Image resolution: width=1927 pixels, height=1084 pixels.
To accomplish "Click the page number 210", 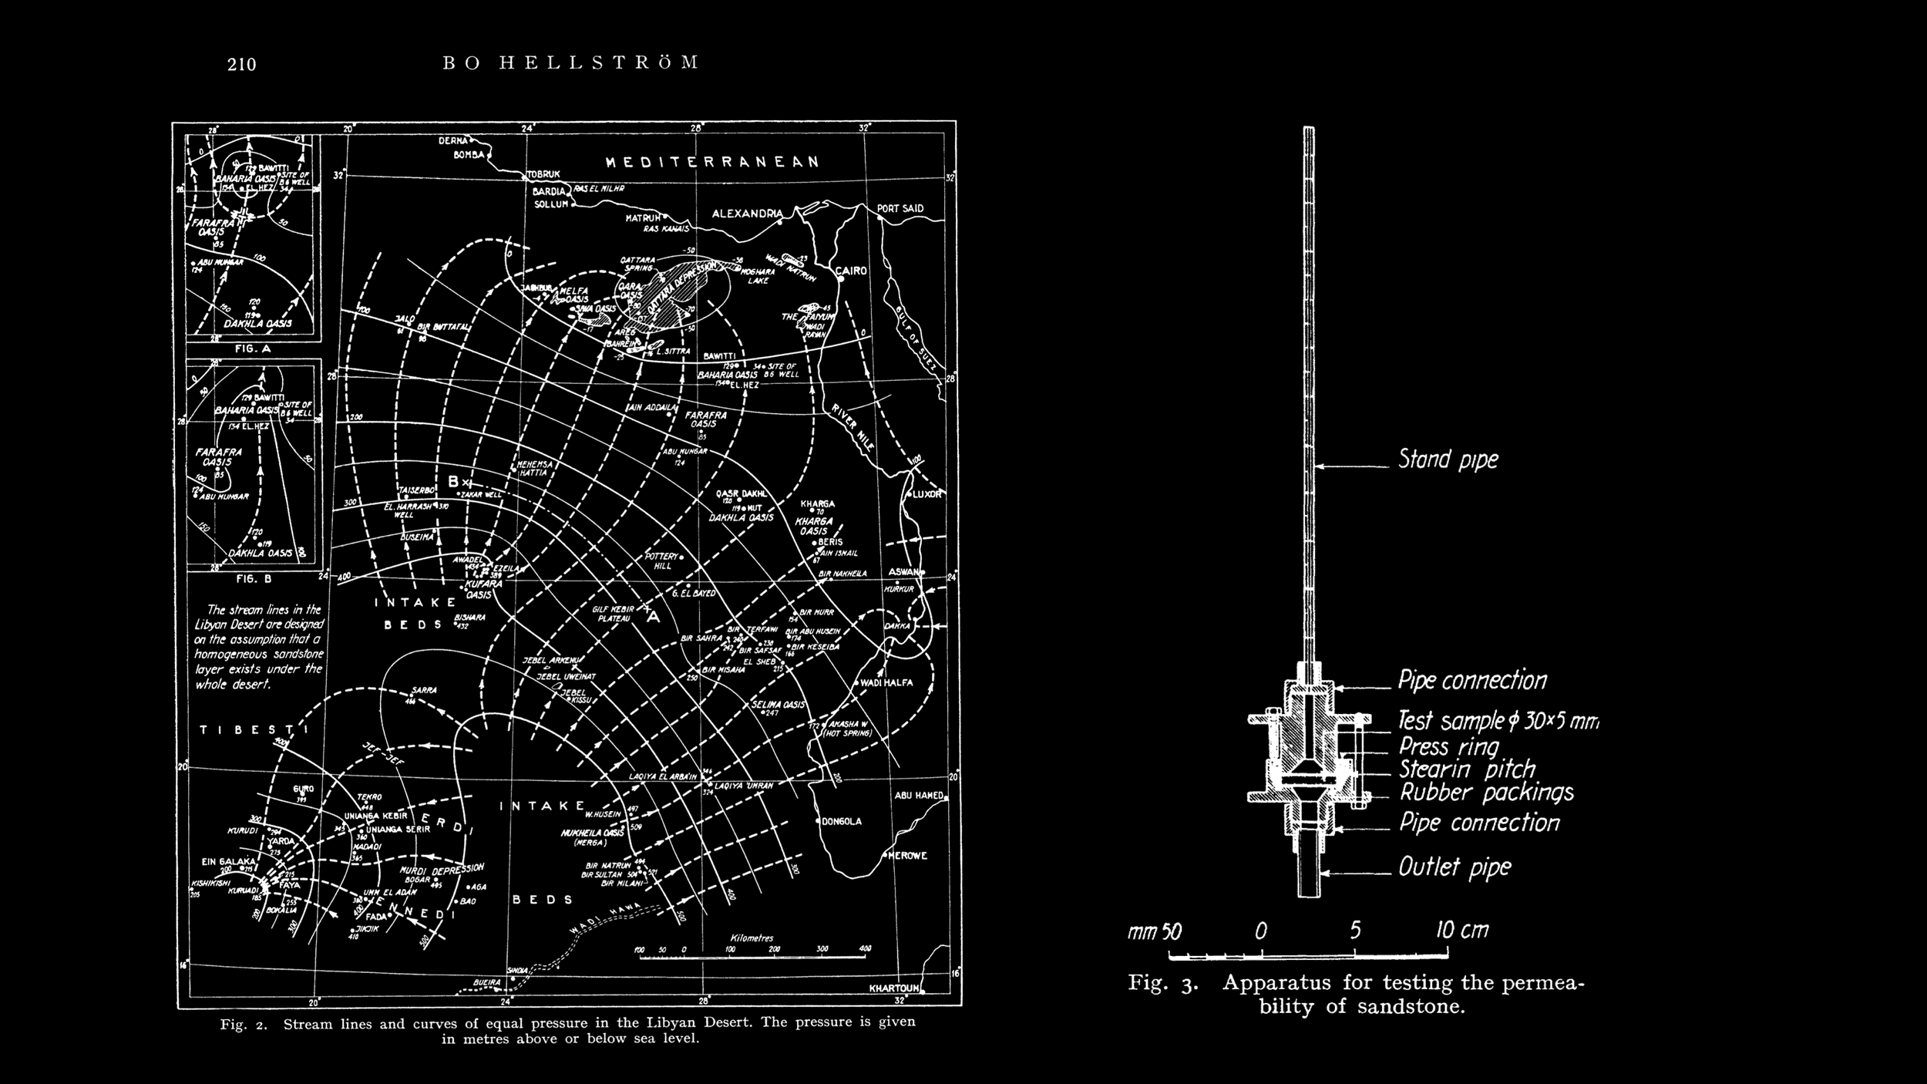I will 241,65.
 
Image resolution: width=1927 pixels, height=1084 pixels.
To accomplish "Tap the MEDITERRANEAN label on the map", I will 712,162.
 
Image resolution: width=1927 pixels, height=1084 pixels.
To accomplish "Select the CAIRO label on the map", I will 853,271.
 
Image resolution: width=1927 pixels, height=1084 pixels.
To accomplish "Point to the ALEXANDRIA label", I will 746,214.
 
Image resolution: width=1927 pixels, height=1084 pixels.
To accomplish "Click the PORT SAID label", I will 900,209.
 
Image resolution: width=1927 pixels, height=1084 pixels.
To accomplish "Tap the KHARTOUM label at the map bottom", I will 894,988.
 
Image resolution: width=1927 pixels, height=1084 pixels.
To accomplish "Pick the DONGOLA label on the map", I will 842,821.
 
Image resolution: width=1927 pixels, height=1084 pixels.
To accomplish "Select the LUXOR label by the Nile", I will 928,494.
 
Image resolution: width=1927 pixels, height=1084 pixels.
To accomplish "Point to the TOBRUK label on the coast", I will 543,174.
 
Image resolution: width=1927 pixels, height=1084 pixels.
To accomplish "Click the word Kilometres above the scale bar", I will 752,938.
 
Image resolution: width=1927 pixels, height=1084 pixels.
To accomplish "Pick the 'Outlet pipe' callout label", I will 1454,868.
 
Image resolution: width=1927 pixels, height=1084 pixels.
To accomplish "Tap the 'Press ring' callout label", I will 1448,747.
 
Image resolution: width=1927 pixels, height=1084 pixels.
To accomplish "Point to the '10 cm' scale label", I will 1462,930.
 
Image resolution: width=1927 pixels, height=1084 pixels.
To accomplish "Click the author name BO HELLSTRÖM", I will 571,62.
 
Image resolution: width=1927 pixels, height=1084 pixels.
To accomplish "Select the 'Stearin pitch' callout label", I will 1467,770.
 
